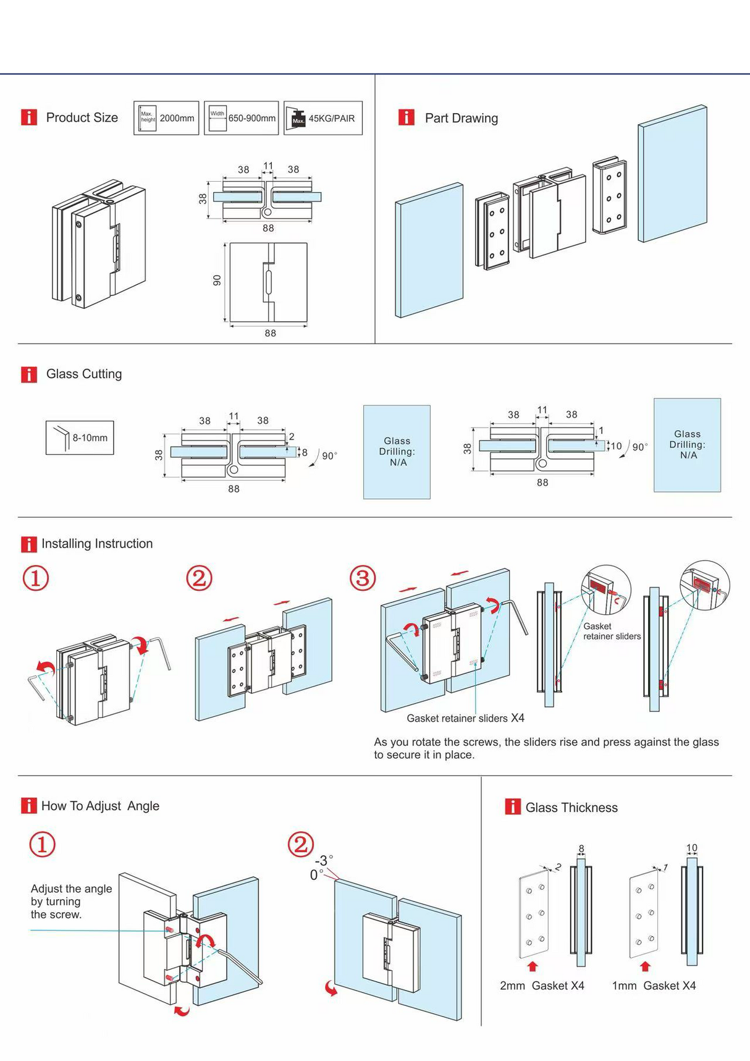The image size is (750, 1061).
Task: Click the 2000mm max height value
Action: coord(177,118)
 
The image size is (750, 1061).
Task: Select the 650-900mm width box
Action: coord(241,118)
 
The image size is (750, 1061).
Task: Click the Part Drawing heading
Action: coord(461,118)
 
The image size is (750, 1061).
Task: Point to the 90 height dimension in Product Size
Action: coord(217,281)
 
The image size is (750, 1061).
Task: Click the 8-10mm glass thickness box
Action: coord(80,438)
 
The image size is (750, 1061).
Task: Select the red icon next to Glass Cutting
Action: coord(29,374)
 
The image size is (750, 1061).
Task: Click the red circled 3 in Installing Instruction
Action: coord(363,578)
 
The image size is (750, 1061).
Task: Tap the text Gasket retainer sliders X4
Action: coord(465,718)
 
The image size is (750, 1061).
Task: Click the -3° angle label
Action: coord(324,861)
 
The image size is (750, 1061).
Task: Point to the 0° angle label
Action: coord(316,875)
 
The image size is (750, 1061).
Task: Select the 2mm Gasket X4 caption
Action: coord(542,986)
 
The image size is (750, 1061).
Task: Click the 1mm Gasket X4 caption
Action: coord(654,986)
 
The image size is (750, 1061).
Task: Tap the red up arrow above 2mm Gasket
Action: coord(533,966)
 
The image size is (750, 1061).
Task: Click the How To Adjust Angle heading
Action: coord(100,806)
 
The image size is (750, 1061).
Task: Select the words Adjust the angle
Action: coord(71,889)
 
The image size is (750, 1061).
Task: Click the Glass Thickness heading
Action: coord(571,808)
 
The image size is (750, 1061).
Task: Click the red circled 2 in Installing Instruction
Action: coord(199,578)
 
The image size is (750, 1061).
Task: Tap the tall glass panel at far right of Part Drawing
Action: coord(672,174)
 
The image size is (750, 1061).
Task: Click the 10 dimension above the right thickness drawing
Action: coord(691,848)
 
